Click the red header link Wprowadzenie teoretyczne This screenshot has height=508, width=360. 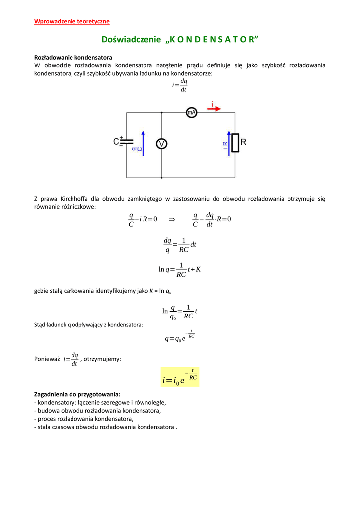coord(72,21)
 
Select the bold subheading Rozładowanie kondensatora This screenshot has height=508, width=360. coord(73,57)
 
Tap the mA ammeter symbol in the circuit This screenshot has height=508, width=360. coord(191,113)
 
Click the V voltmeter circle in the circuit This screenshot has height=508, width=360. coord(161,144)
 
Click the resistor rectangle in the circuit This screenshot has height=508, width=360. coord(235,143)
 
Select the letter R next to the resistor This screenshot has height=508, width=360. coord(243,142)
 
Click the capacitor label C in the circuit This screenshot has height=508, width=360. coord(116,142)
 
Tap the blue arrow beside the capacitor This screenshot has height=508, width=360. coord(143,144)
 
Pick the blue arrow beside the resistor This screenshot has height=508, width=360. coord(229,144)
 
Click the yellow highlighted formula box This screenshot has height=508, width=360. coord(180,377)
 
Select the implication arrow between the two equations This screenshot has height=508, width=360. coord(172,219)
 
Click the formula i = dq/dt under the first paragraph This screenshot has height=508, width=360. coord(180,85)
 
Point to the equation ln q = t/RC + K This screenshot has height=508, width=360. coord(180,269)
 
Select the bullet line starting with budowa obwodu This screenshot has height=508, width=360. coord(97,410)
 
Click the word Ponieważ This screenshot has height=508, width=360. coord(47,359)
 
